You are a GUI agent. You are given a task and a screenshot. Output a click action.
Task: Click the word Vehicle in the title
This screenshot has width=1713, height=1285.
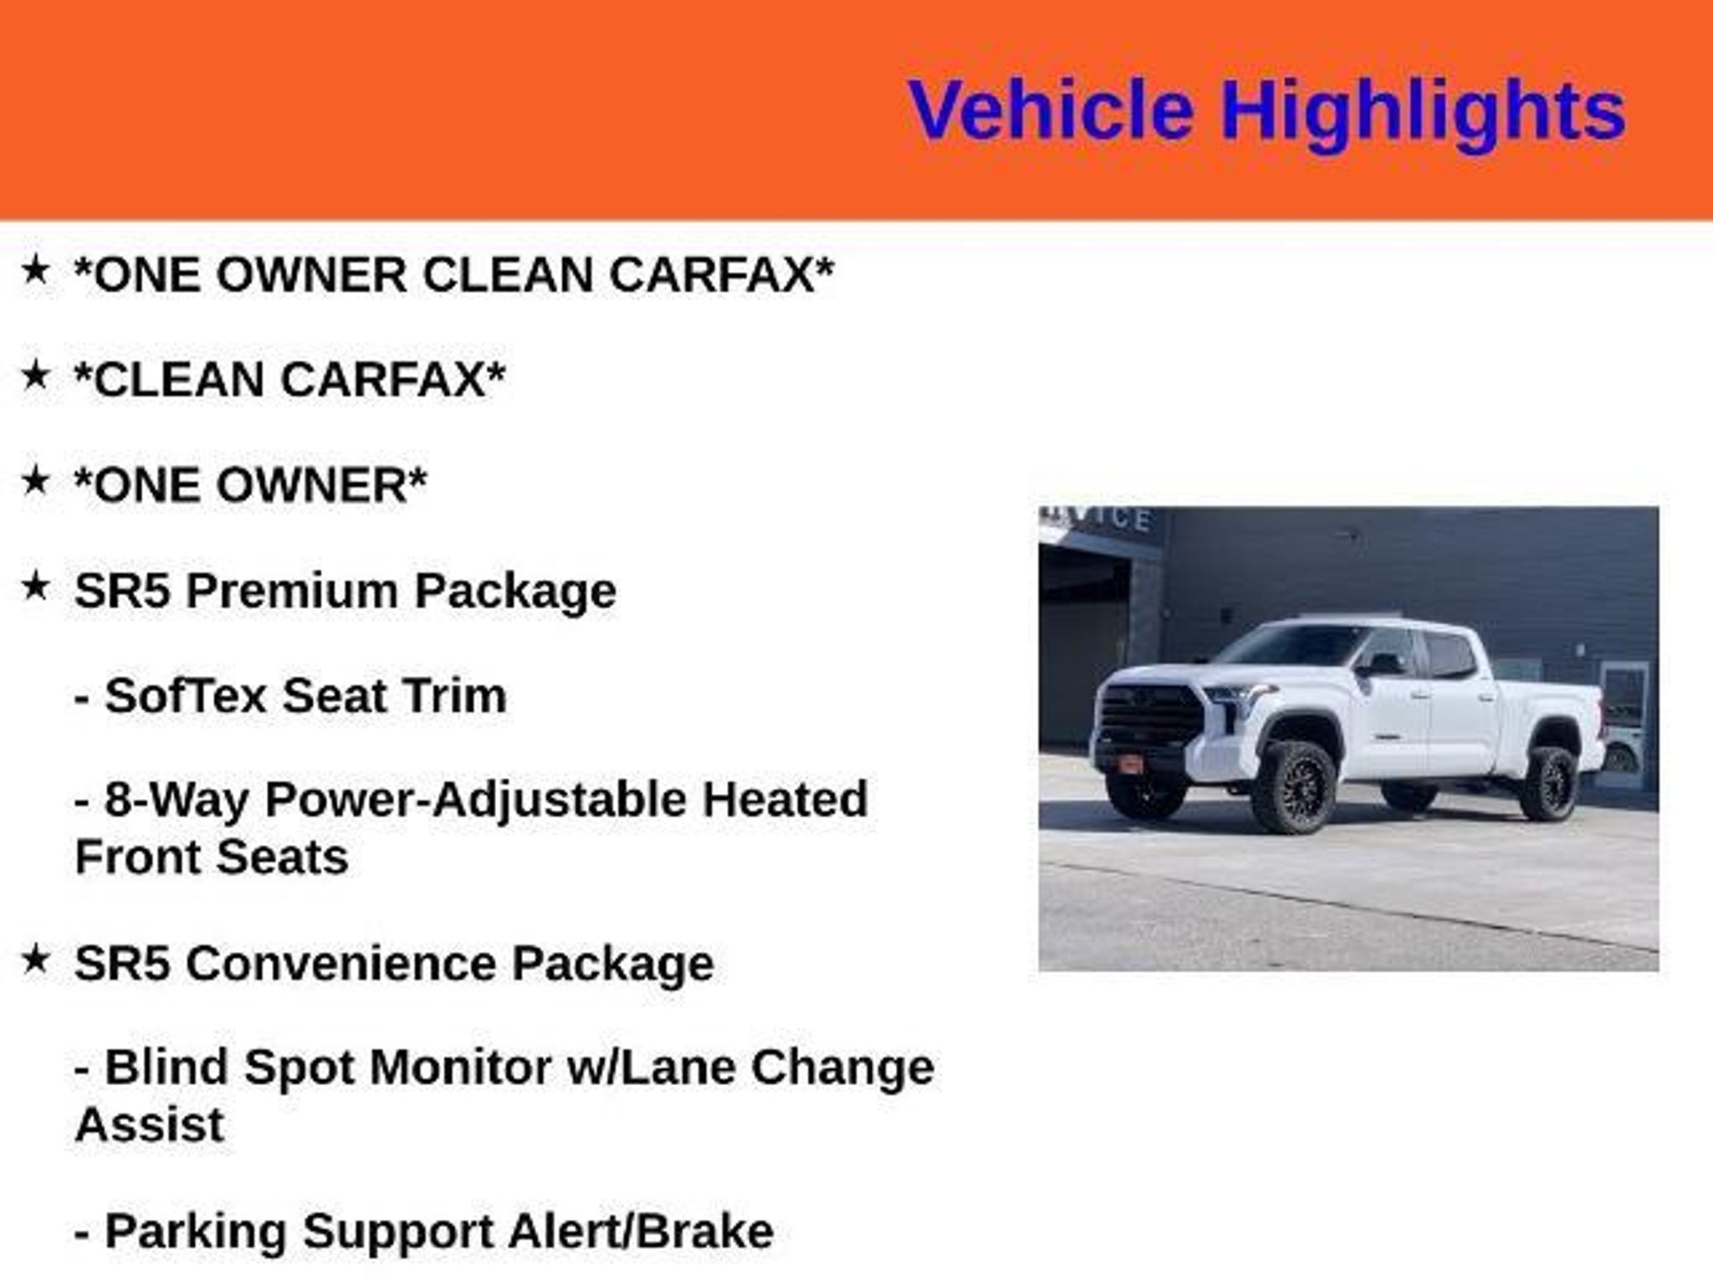(1051, 110)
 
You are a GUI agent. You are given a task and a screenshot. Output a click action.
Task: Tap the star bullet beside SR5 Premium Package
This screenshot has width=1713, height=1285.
(35, 586)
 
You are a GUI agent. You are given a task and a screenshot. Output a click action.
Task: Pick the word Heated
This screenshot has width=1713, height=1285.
(785, 799)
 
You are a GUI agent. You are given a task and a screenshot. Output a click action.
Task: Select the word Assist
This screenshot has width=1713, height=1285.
(150, 1124)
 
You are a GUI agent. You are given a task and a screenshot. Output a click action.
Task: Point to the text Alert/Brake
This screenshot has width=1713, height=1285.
(641, 1231)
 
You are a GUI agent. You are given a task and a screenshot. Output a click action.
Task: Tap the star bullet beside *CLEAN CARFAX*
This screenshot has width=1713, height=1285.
(35, 375)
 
